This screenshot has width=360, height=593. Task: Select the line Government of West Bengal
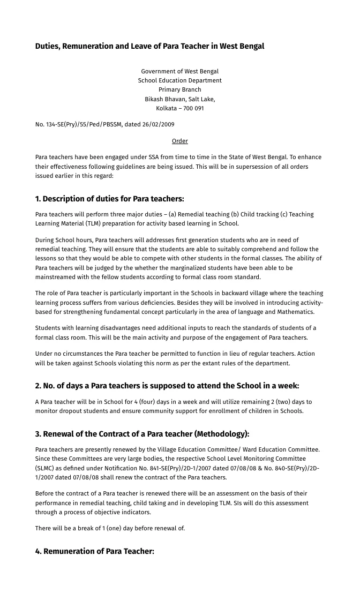point(179,71)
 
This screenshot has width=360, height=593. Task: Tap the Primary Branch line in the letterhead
point(179,89)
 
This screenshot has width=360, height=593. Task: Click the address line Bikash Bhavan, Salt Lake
point(179,99)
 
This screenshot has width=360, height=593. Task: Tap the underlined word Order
point(179,141)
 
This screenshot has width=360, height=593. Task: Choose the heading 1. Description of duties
point(109,199)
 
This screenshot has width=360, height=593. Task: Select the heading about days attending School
point(167,386)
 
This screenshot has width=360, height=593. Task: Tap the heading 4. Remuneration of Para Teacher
point(94,551)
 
